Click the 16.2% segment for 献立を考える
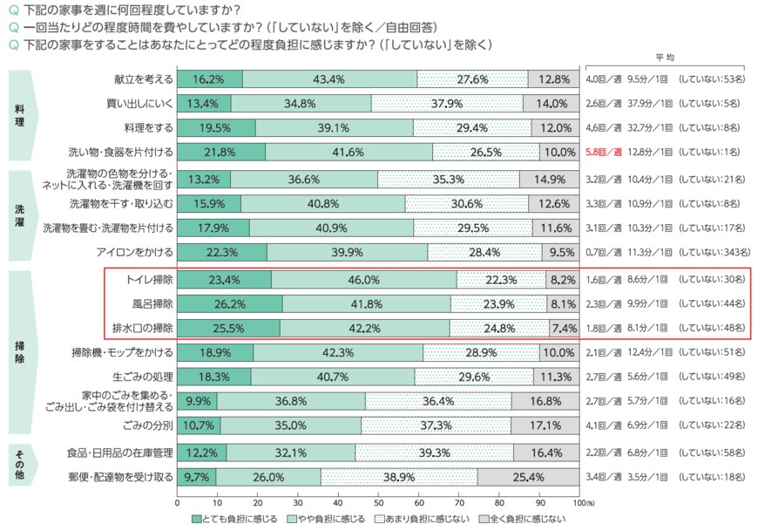(x=210, y=79)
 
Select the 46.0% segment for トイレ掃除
(x=363, y=280)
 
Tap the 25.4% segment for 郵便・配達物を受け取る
(x=528, y=477)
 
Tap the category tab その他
(x=20, y=465)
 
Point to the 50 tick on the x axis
(x=378, y=503)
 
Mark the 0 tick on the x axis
(x=177, y=503)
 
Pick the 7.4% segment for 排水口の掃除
(x=564, y=329)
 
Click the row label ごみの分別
(x=152, y=425)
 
